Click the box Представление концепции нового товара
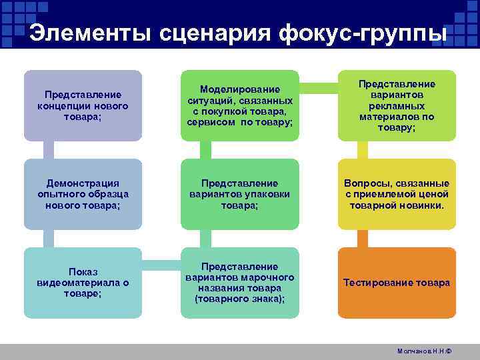tap(83, 105)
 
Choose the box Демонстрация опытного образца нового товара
tap(83, 194)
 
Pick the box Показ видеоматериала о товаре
tap(83, 283)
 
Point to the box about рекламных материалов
tap(397, 105)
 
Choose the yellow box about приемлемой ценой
tap(397, 194)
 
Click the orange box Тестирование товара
tap(397, 283)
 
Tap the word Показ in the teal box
tap(83, 272)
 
